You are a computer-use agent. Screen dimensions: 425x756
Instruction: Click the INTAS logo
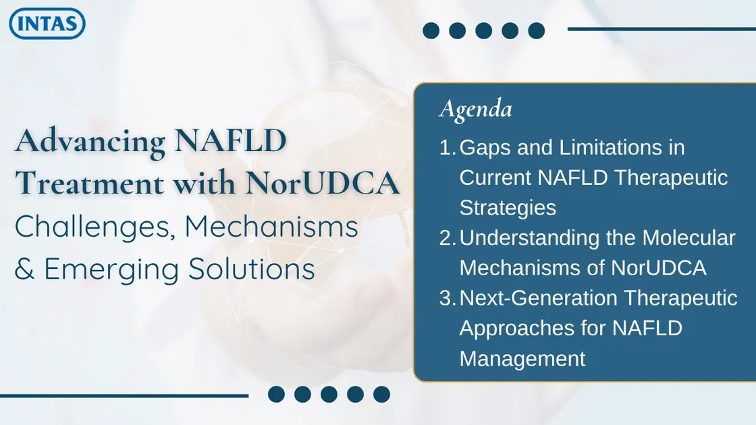pyautogui.click(x=47, y=24)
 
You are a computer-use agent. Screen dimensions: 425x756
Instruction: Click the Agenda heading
pyautogui.click(x=475, y=109)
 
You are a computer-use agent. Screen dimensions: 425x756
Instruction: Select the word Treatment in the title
pyautogui.click(x=88, y=184)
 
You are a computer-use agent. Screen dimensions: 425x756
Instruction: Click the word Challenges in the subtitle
pyautogui.click(x=90, y=227)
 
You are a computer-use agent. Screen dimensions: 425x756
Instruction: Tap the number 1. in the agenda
pyautogui.click(x=448, y=148)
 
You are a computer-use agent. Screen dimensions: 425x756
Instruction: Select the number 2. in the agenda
pyautogui.click(x=448, y=238)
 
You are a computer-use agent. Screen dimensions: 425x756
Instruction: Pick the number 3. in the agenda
pyautogui.click(x=448, y=298)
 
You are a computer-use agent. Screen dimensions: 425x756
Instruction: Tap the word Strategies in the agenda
pyautogui.click(x=508, y=208)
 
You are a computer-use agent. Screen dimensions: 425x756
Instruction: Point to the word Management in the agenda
pyautogui.click(x=522, y=358)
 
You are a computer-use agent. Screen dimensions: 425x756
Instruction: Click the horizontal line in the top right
pyautogui.click(x=661, y=29)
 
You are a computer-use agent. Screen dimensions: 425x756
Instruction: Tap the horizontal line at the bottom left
pyautogui.click(x=124, y=396)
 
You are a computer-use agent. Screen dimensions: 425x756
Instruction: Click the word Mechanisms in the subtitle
pyautogui.click(x=271, y=227)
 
